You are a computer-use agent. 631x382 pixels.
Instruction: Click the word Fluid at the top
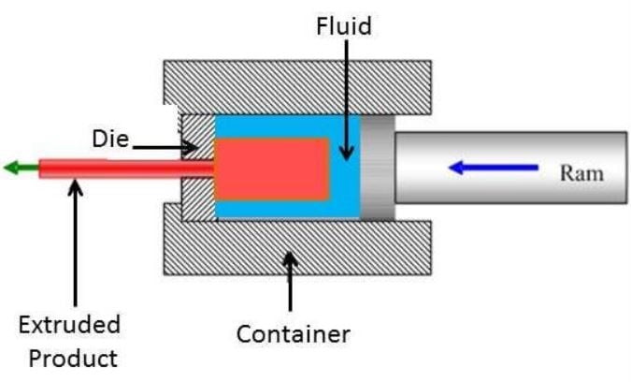click(x=343, y=25)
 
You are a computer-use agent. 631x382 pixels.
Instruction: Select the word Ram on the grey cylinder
click(x=581, y=172)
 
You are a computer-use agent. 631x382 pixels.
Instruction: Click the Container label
click(x=293, y=333)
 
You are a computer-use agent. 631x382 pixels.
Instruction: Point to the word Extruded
click(x=70, y=325)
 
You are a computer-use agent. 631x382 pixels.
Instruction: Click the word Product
click(x=71, y=357)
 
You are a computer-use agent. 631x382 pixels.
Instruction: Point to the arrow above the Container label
click(x=291, y=280)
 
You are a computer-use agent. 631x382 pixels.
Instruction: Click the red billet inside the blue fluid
click(x=272, y=169)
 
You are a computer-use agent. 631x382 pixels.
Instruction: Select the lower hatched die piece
click(x=197, y=200)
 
